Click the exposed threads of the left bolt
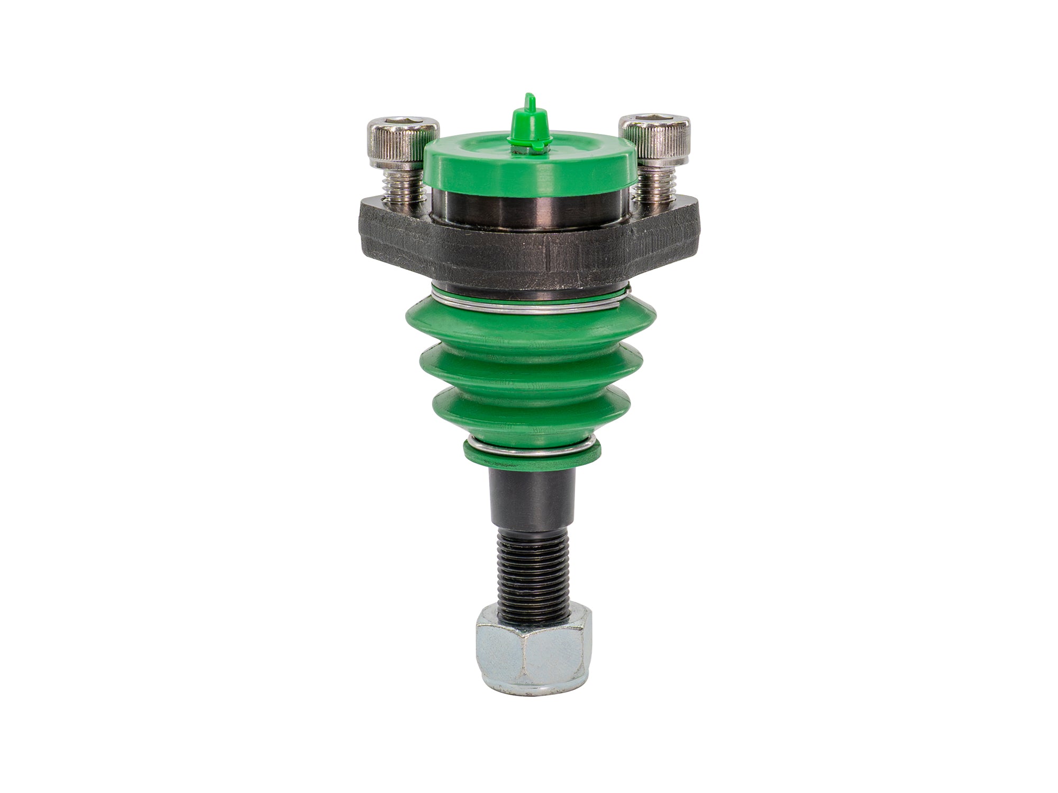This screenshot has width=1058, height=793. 403,182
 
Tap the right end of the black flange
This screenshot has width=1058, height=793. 685,227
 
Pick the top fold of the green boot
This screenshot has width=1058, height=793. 529,330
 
